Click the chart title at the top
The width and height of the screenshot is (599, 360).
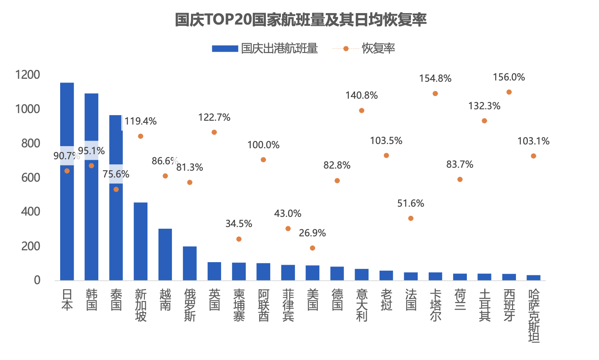(300, 19)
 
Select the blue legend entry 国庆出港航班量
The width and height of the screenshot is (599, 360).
(265, 49)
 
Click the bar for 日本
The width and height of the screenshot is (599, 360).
(67, 212)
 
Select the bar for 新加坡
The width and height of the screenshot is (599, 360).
(141, 241)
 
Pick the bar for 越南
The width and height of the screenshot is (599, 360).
(165, 255)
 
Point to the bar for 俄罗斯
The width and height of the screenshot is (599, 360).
(190, 263)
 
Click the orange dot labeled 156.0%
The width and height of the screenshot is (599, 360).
(509, 92)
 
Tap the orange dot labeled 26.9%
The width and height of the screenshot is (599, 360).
(313, 248)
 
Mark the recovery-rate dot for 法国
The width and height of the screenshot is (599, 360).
(411, 219)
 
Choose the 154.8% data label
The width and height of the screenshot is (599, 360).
(435, 78)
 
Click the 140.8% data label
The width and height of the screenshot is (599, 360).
(361, 95)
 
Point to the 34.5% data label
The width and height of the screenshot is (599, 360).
(238, 224)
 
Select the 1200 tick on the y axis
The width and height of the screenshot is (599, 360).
(28, 75)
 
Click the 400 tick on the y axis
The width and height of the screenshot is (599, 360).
(31, 212)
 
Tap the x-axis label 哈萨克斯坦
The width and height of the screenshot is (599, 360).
(534, 316)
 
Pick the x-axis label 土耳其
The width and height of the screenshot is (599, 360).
(485, 305)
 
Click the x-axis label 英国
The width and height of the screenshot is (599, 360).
(214, 300)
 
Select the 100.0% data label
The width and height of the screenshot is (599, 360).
(263, 145)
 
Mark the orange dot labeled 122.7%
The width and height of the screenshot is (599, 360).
(214, 133)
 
